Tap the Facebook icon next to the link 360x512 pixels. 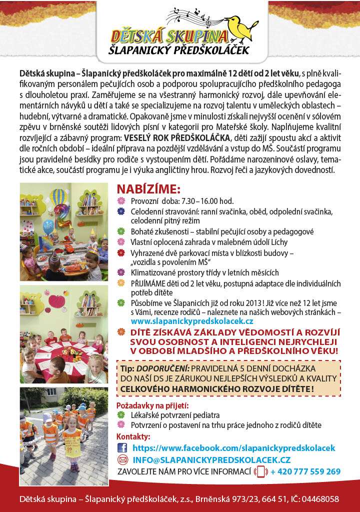(122, 448)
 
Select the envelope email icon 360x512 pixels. (122, 459)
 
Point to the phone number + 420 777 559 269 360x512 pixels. (305, 471)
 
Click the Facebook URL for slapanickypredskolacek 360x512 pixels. (233, 448)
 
